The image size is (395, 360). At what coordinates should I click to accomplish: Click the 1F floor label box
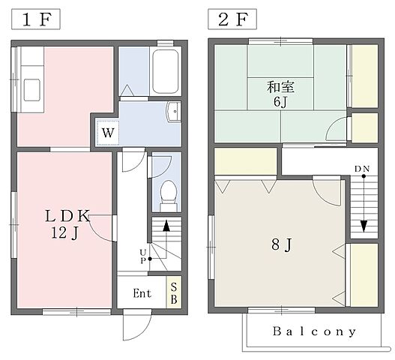coord(36,19)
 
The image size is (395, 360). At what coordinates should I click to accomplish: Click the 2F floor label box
coord(232,19)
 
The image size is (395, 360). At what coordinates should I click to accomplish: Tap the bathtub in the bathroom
coord(165,71)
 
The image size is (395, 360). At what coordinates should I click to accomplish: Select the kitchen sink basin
coord(32,90)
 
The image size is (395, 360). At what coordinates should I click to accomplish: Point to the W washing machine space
coord(108,133)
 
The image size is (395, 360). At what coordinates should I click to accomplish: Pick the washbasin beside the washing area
coord(174,112)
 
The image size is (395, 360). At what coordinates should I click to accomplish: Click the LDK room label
coord(67,216)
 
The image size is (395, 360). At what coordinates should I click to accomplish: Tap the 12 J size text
coord(65,232)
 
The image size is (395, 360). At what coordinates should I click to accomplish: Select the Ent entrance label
coord(142,293)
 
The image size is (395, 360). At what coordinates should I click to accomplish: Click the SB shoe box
coord(174,292)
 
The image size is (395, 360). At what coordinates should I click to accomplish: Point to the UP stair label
coord(143,256)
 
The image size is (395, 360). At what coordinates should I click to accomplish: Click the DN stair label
coord(362,169)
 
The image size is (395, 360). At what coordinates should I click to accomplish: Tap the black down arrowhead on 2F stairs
coord(364,226)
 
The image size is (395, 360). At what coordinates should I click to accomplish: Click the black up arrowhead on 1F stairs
coord(166,226)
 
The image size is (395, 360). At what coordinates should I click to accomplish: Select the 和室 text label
coord(280,87)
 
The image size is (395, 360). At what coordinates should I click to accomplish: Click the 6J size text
coord(280,102)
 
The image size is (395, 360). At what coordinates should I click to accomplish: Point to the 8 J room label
coord(282,244)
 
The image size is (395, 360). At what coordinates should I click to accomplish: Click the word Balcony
coord(314,331)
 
